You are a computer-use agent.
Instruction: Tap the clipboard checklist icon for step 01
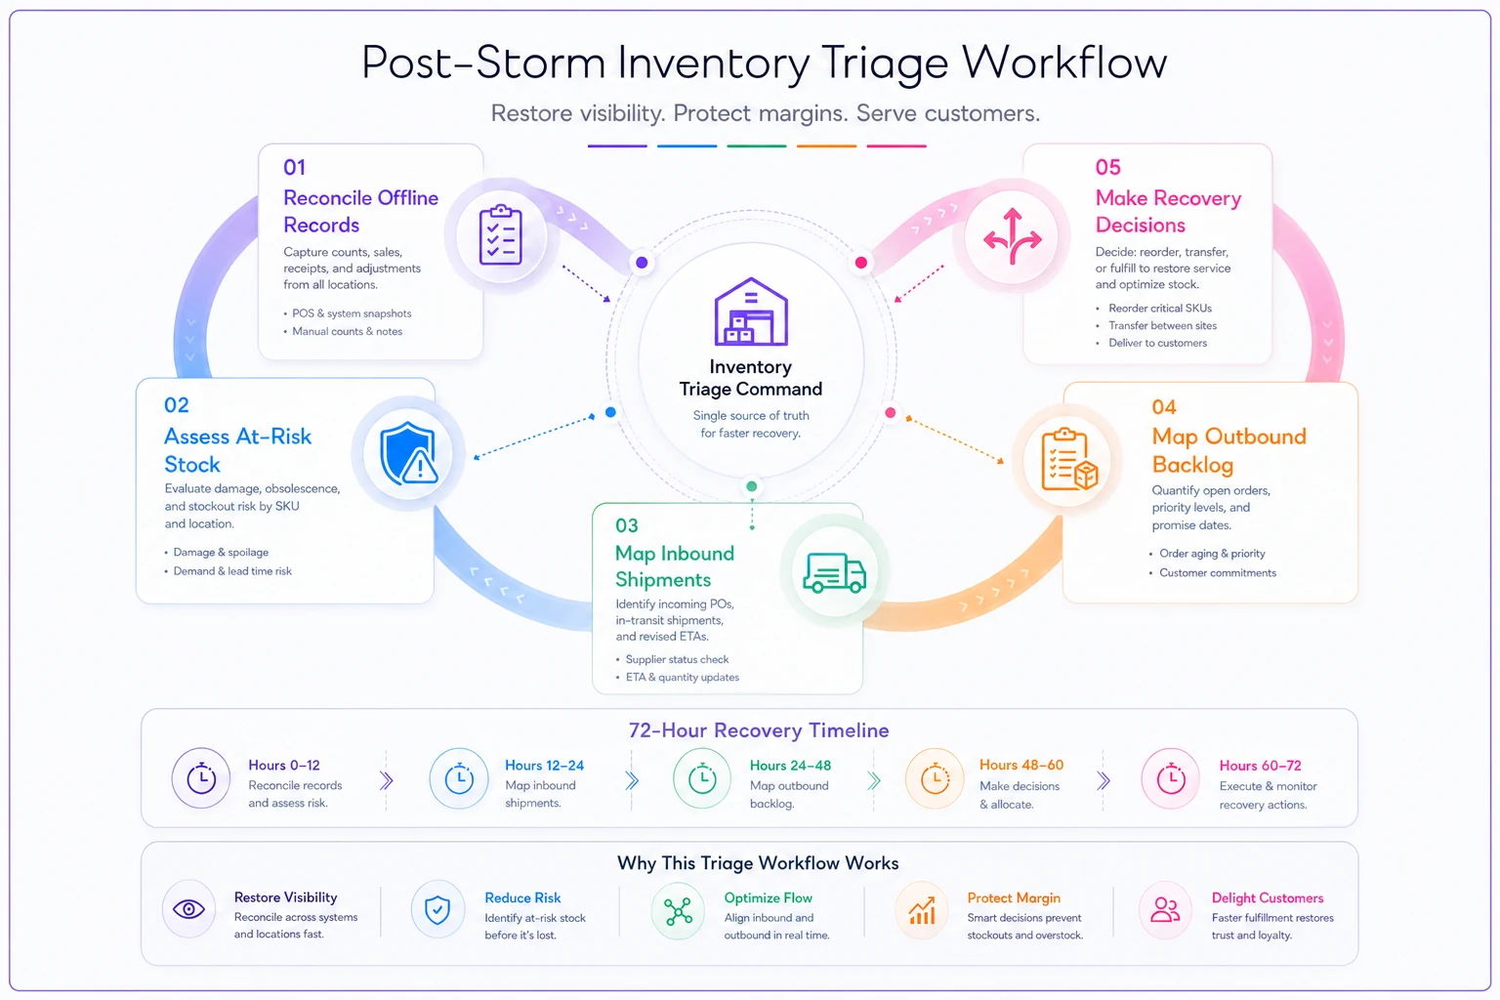coord(500,234)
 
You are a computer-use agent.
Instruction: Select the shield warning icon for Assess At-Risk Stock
coord(408,453)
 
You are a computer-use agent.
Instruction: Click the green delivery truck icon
coord(834,572)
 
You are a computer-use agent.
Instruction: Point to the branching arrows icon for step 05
coord(1012,235)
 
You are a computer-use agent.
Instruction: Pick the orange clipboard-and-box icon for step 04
coord(1069,459)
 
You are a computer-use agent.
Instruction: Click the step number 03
coord(627,525)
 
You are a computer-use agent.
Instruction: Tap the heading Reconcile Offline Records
coord(361,211)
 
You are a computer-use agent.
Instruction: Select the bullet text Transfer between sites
coord(1162,325)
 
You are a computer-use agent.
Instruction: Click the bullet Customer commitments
coord(1218,572)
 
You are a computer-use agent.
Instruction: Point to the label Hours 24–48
coord(790,765)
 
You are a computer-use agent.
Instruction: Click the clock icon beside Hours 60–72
coord(1171,778)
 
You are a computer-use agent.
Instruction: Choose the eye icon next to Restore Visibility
coord(188,909)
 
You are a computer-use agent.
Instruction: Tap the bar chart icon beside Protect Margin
coord(922,910)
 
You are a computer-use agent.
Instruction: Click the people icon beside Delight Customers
coord(1164,909)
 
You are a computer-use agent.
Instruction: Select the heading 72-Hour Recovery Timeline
coord(759,730)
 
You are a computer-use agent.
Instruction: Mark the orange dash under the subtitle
coord(826,146)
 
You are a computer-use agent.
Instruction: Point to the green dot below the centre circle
coord(751,486)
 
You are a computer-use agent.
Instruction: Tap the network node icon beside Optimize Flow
coord(678,911)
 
